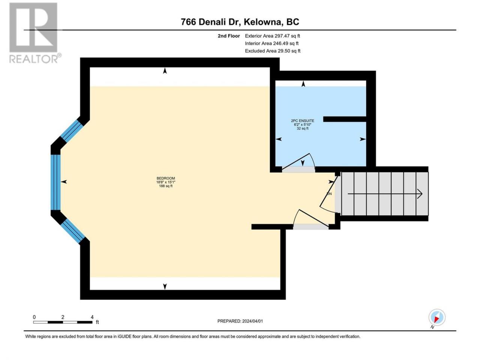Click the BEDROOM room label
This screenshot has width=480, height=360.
165,178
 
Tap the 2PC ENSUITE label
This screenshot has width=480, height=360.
302,121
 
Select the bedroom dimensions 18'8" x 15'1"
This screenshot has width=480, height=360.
165,182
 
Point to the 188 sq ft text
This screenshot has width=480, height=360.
165,186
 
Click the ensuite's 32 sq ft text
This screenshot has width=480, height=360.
302,129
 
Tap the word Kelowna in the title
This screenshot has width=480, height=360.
262,22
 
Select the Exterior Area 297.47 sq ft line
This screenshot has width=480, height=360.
273,36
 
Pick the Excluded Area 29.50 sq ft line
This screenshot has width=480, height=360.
273,51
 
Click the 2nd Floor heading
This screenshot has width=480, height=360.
229,36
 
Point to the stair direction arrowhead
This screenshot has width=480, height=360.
420,194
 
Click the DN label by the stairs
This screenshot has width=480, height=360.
329,193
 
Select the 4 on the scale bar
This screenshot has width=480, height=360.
92,317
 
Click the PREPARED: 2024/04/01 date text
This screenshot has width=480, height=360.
240,321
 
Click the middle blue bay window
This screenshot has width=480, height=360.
55,182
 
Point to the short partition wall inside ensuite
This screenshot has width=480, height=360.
345,119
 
